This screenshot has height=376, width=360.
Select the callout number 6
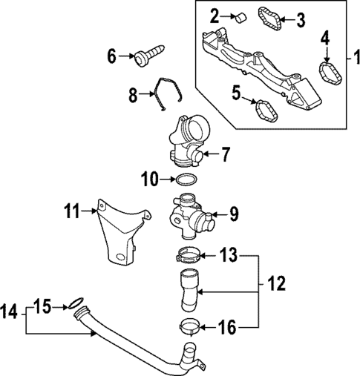(112, 56)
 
